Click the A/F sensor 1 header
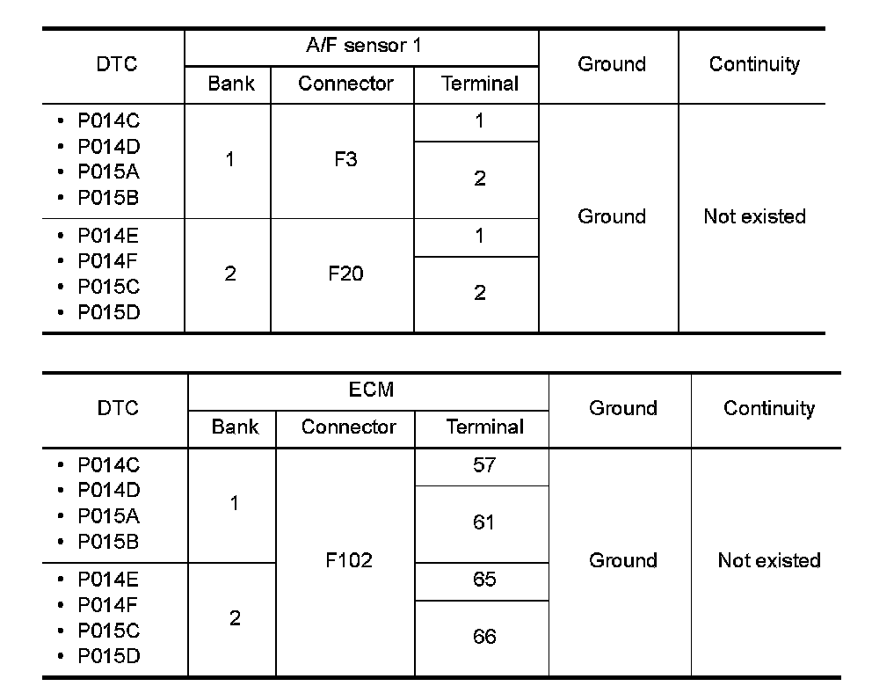pos(362,46)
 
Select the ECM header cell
pos(370,390)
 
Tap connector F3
pos(345,161)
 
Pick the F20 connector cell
pos(345,274)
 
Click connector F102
pos(349,560)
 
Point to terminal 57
pos(484,465)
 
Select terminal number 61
pos(484,522)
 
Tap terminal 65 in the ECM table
pos(484,580)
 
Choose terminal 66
pos(484,637)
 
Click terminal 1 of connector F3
pos(479,121)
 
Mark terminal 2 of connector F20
pos(479,293)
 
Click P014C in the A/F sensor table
pos(108,121)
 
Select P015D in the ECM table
pos(108,656)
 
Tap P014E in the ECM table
pos(108,580)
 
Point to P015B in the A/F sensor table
pos(108,198)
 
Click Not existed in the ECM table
pos(768,560)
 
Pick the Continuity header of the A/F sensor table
pos(754,64)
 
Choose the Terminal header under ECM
pos(484,427)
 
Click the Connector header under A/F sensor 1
pos(345,84)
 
